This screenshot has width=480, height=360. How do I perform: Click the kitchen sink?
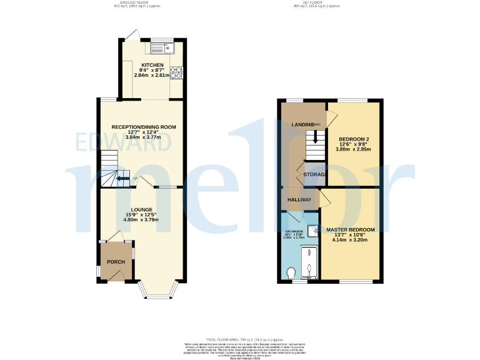click(x=162, y=47)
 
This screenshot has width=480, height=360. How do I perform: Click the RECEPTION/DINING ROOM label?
click(x=144, y=127)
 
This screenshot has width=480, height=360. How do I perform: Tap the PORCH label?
click(x=116, y=262)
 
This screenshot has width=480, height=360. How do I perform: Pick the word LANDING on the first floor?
click(x=303, y=125)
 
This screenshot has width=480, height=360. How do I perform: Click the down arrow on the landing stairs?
click(x=315, y=139)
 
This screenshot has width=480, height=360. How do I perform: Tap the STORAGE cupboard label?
click(x=314, y=174)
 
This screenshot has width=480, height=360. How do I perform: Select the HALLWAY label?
click(x=299, y=199)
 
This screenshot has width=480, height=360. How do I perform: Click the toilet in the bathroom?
click(x=291, y=272)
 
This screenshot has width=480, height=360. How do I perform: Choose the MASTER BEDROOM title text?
click(x=351, y=230)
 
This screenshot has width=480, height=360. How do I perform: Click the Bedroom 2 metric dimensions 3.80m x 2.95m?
click(x=353, y=149)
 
